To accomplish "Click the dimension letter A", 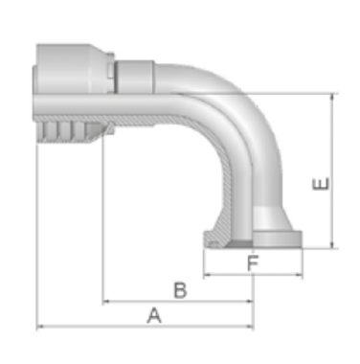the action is coord(154,315).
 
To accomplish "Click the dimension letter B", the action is coord(180,290).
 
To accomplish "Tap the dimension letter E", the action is coord(321,184).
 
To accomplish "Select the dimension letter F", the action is coord(253,263).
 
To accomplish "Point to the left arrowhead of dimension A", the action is coord(40,327).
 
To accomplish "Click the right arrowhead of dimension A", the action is coord(250,327).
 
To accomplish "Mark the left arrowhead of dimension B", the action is coord(106,301).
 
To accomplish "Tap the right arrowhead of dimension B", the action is coord(250,301).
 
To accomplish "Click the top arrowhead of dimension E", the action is coord(333,98).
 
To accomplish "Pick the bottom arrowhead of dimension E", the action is coord(333,244).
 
